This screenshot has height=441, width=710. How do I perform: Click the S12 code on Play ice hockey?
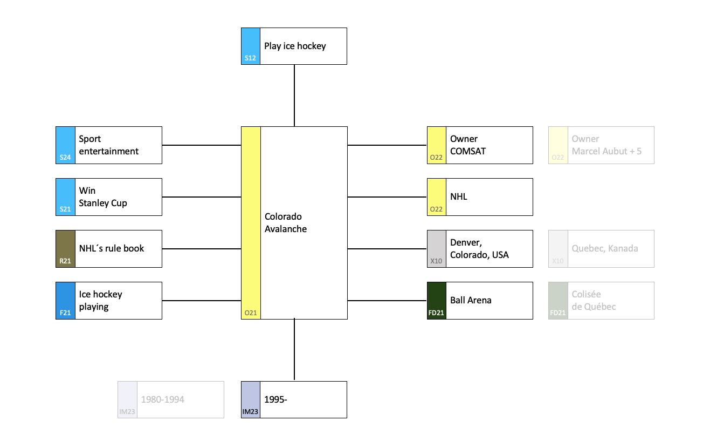point(250,58)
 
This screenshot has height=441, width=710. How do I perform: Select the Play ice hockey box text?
point(295,46)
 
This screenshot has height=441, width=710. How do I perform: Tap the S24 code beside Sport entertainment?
point(65,158)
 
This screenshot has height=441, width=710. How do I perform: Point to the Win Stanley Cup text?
point(102,196)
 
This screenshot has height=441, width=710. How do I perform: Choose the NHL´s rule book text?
point(111,248)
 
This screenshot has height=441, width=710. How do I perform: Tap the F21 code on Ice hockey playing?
point(65,313)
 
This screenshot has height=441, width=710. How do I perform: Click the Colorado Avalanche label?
point(286,223)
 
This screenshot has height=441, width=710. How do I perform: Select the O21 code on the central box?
point(250,313)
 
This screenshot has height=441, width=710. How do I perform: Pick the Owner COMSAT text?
point(468,145)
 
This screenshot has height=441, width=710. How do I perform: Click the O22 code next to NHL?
point(436,209)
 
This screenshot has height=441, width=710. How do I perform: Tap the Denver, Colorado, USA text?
point(479,249)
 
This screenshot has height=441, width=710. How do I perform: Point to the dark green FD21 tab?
point(437,301)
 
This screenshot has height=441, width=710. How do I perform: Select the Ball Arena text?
point(471,301)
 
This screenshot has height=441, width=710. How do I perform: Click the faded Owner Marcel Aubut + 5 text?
point(606,145)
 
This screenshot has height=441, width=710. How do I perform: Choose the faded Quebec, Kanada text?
point(605,248)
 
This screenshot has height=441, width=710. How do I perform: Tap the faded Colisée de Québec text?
point(594,301)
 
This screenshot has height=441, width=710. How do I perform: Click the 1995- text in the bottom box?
point(275,399)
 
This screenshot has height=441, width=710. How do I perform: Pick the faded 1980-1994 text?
point(162,399)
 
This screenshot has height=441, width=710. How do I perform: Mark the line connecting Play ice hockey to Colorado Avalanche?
point(294,96)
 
